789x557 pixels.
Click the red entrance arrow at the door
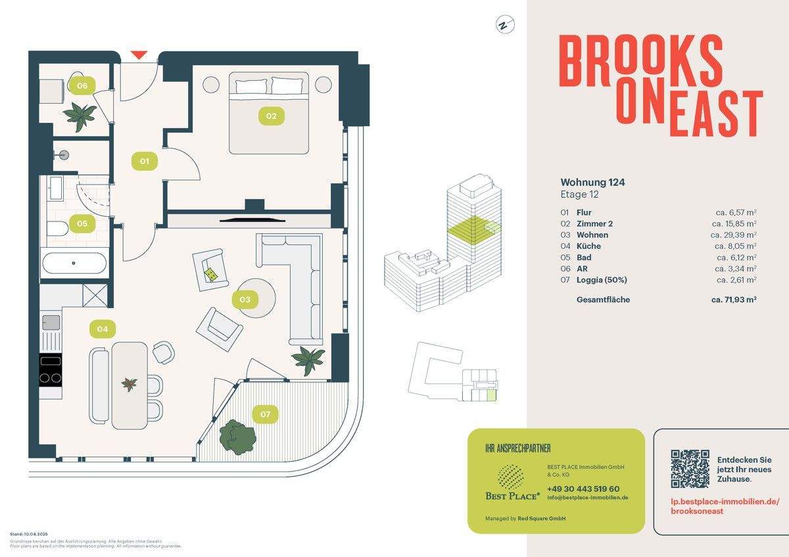click(139, 55)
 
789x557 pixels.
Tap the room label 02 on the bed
click(271, 117)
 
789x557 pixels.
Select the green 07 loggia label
click(265, 414)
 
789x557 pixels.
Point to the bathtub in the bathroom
click(74, 264)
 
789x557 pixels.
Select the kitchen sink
click(51, 323)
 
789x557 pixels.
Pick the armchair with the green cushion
click(210, 271)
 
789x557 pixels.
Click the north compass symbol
click(504, 26)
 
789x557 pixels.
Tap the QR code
click(690, 468)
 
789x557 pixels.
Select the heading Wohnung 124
click(588, 182)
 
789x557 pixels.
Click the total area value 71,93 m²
click(732, 300)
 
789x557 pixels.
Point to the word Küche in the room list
click(588, 246)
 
